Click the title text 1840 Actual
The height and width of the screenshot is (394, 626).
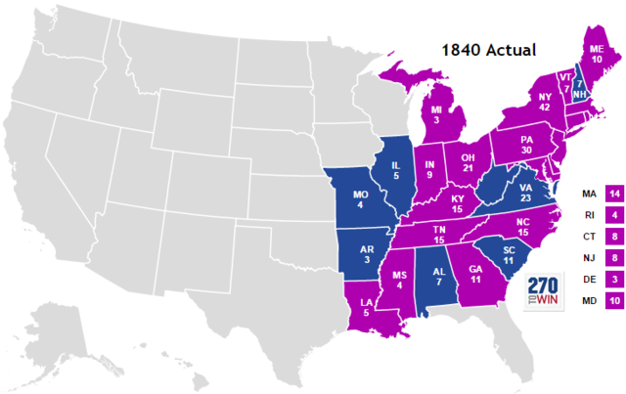[x=481, y=49]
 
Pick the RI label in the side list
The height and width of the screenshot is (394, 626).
[x=589, y=215]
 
